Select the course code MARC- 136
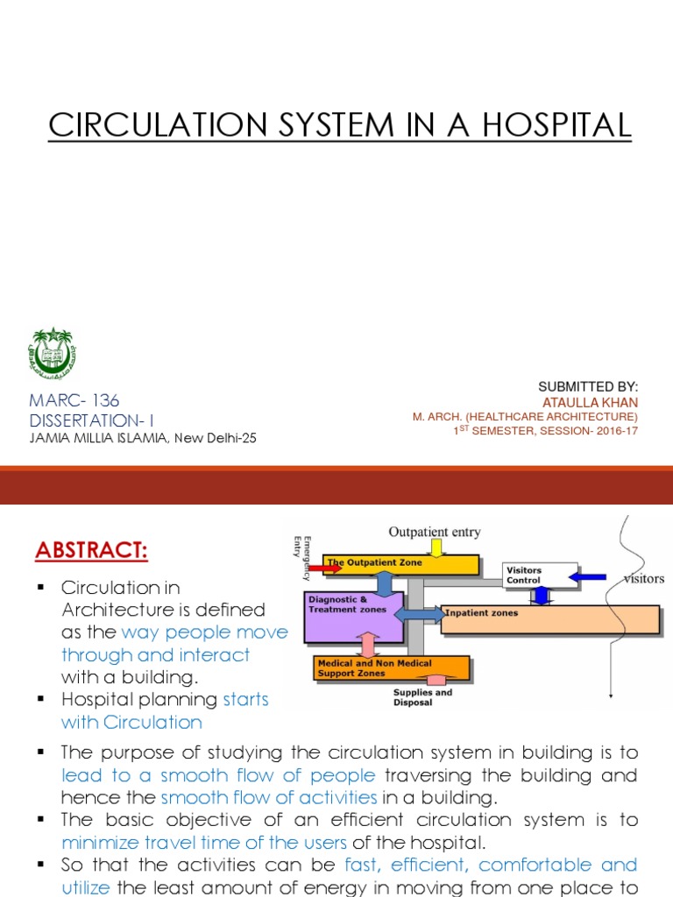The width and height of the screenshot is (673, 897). click(x=74, y=400)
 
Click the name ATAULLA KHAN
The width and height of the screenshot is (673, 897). click(x=591, y=401)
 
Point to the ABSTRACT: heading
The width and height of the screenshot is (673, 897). click(x=92, y=552)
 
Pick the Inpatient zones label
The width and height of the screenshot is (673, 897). click(x=482, y=613)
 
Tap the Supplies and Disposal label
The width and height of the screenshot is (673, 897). click(x=423, y=696)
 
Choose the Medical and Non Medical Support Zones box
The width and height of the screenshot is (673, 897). click(x=390, y=668)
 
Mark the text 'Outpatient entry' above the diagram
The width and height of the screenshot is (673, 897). click(x=434, y=532)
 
